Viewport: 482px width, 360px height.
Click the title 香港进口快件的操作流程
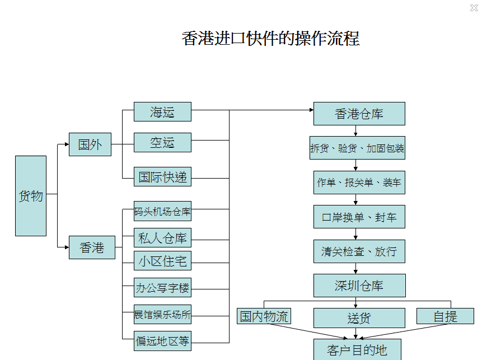point(270,39)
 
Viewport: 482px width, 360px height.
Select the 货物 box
point(31,195)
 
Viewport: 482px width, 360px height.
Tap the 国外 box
point(90,144)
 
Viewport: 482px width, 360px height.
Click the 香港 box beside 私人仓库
point(92,247)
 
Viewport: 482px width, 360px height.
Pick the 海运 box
point(162,112)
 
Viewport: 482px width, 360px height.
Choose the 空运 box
point(162,143)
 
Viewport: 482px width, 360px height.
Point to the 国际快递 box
point(162,177)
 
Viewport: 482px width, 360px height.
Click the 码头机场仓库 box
point(162,212)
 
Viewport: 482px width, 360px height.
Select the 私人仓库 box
point(162,238)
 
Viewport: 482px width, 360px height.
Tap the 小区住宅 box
point(162,261)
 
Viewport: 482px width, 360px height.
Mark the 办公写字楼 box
point(162,288)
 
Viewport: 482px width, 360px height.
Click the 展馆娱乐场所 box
point(162,315)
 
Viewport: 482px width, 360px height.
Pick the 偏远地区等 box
point(162,340)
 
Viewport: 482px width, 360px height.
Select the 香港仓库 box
point(359,114)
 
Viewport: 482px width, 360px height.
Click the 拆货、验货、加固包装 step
point(357,148)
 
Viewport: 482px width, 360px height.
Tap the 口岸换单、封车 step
point(359,217)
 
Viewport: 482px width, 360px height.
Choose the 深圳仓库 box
point(359,286)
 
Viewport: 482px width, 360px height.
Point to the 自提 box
point(445,316)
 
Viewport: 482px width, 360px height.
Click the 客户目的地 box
point(357,350)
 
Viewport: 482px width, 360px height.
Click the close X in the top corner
point(474,8)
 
